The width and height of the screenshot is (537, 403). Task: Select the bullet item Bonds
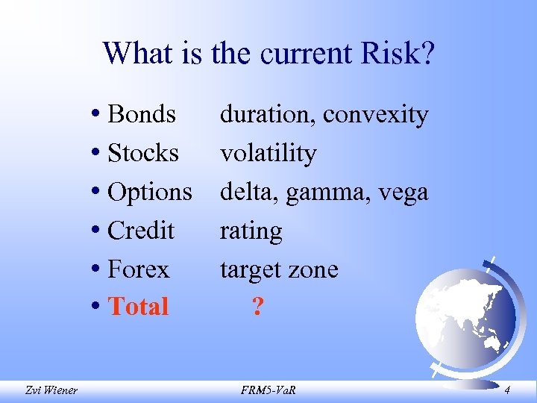click(142, 114)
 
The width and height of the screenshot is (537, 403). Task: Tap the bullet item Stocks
click(143, 153)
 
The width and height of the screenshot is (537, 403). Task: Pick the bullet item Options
click(150, 192)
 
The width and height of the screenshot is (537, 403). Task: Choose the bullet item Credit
click(141, 230)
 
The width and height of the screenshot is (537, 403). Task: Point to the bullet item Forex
click(139, 269)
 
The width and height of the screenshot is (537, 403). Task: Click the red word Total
click(139, 307)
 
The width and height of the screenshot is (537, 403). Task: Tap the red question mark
click(257, 307)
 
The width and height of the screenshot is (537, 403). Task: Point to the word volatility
click(268, 153)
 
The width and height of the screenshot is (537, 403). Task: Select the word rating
click(251, 231)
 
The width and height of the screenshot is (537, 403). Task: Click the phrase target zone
click(279, 269)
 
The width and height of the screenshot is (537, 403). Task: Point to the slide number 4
click(507, 388)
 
